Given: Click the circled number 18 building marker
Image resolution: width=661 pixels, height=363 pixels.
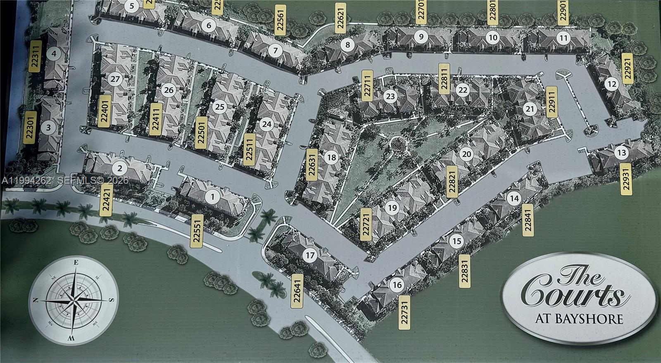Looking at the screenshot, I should coord(331,157).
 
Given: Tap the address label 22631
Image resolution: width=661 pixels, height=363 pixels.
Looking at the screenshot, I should coord(312,164).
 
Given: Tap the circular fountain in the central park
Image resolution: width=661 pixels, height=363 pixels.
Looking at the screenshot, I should coord(397,144).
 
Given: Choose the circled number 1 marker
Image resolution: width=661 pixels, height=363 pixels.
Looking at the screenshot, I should coord(212,197).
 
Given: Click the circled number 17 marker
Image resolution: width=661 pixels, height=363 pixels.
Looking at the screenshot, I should coord(310,256).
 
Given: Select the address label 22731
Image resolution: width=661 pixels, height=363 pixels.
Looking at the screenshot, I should coord(405,312).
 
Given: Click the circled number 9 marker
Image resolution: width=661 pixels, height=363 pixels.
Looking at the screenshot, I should coord(421,37).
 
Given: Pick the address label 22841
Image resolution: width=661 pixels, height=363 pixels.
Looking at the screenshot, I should coord(528,220).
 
